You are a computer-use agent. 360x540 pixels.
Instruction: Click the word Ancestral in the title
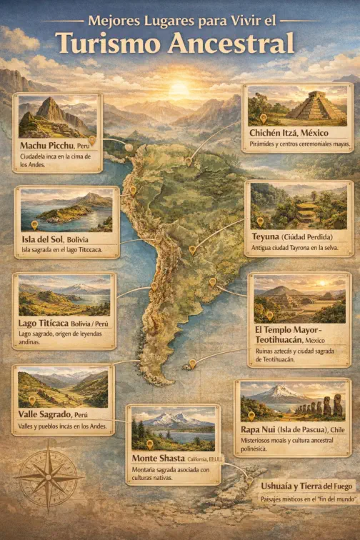[231, 44]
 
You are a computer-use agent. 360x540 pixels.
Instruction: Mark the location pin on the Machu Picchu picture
[92, 140]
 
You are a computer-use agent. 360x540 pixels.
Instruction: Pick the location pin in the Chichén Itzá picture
[263, 118]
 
